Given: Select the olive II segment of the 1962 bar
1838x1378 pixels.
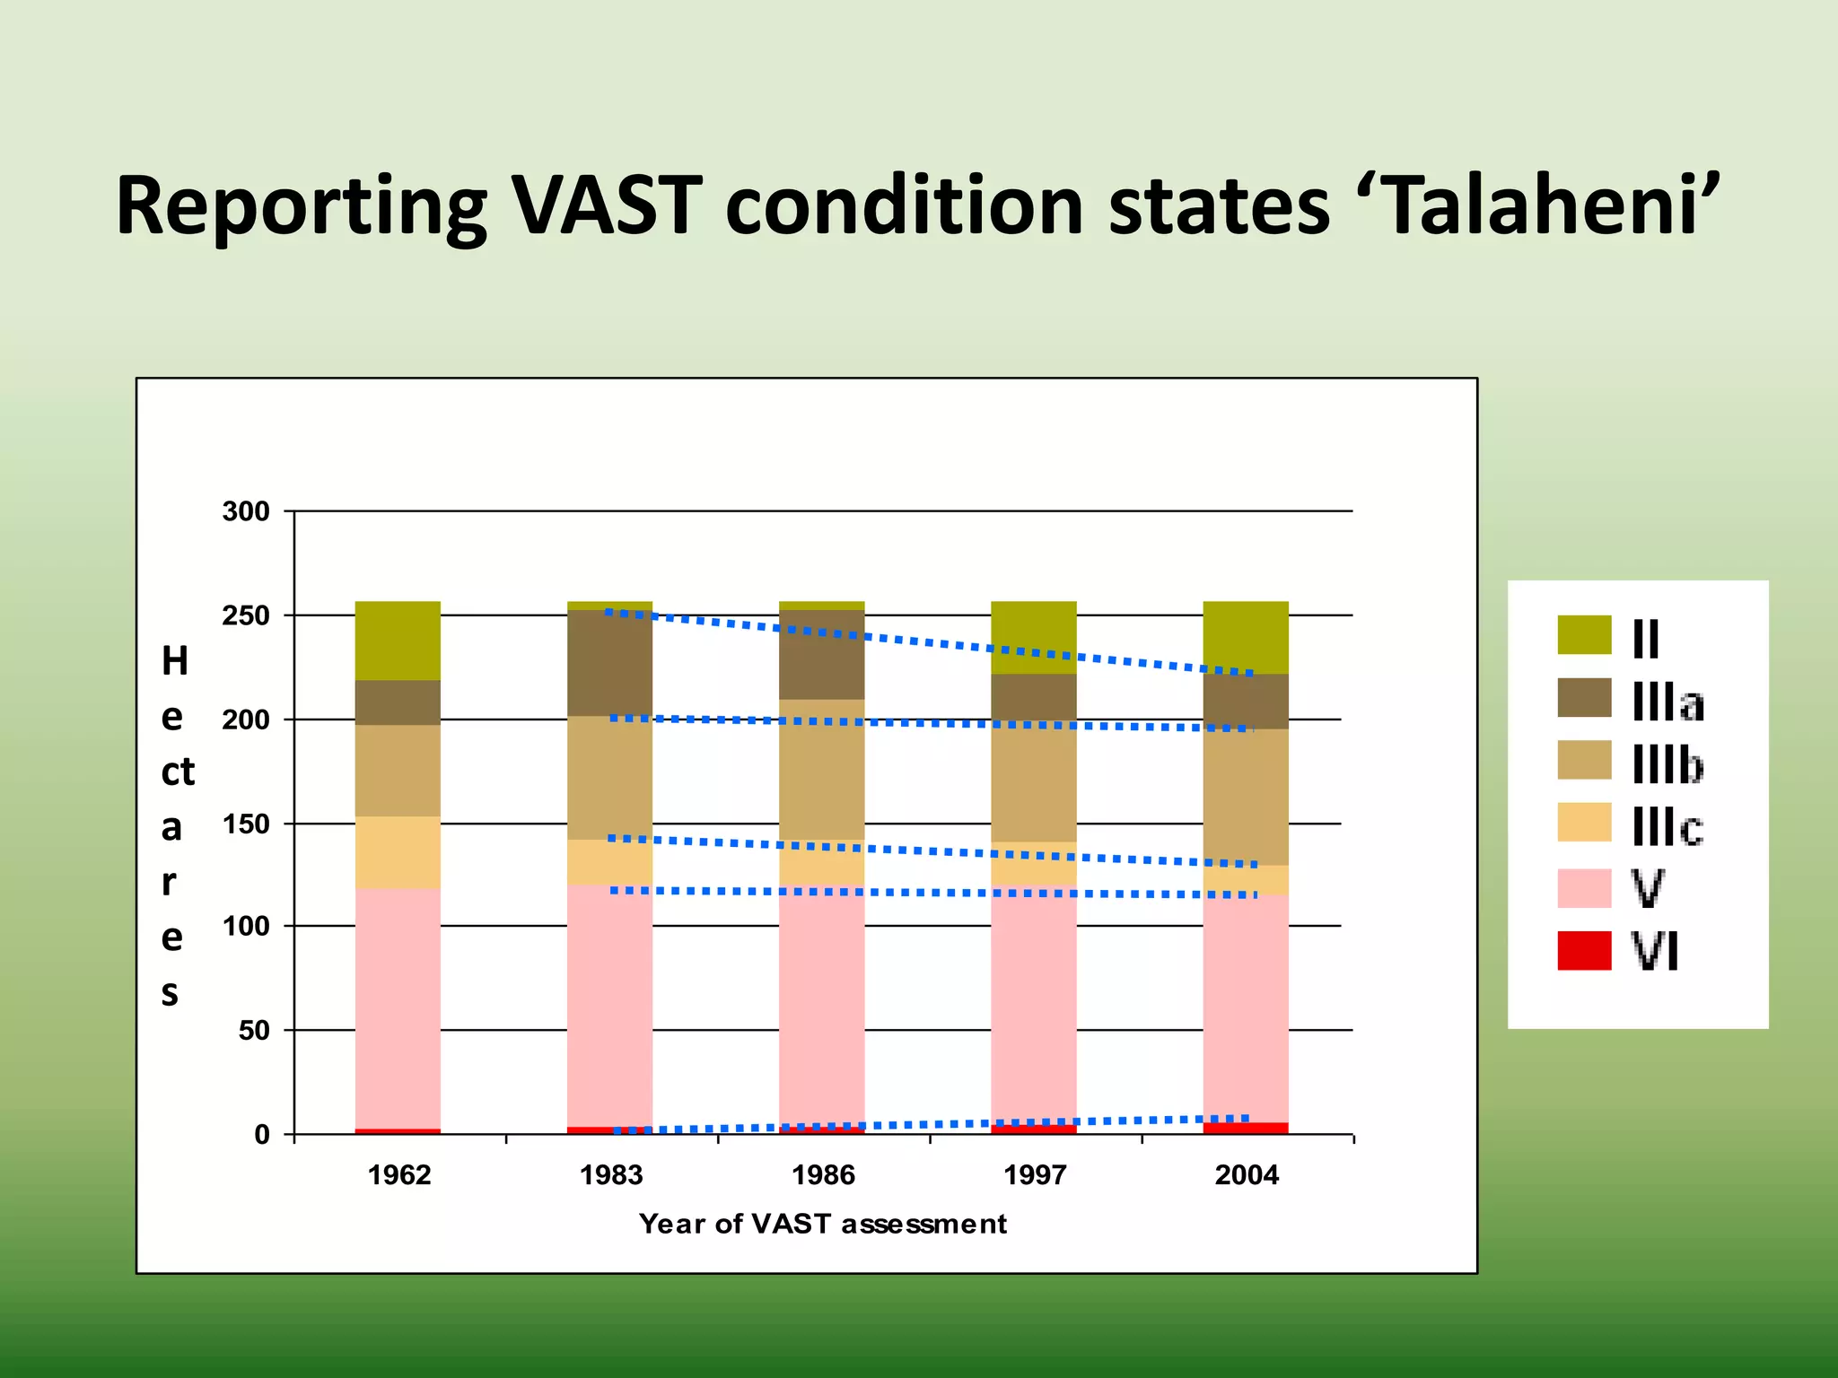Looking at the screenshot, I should (398, 641).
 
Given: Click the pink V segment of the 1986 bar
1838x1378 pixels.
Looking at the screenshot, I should (821, 1005).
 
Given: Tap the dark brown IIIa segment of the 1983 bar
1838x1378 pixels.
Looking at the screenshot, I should (609, 663).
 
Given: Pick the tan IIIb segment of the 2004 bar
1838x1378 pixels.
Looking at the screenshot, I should (1246, 797).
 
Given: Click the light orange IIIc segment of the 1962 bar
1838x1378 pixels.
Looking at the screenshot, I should (398, 852).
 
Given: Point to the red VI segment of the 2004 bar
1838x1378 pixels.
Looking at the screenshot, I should (1246, 1129).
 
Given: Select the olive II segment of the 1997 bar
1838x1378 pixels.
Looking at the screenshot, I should (1033, 637).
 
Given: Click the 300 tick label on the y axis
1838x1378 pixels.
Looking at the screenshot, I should (246, 511).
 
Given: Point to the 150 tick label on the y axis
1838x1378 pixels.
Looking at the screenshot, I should (246, 824).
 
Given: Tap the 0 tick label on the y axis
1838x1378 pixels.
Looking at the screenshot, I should (261, 1135).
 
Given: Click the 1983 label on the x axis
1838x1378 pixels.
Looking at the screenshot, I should (610, 1175).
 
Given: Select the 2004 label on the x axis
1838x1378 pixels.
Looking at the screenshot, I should (1247, 1175).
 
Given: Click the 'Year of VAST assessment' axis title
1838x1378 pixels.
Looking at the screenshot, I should (822, 1224).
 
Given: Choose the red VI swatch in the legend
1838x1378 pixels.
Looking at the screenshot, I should (1584, 951).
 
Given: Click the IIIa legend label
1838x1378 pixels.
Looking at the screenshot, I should (1667, 702).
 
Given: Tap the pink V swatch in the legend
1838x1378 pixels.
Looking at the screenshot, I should (1584, 888).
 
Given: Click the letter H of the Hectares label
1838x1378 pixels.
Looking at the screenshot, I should (175, 661).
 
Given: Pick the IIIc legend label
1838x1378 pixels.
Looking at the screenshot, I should (1667, 826).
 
